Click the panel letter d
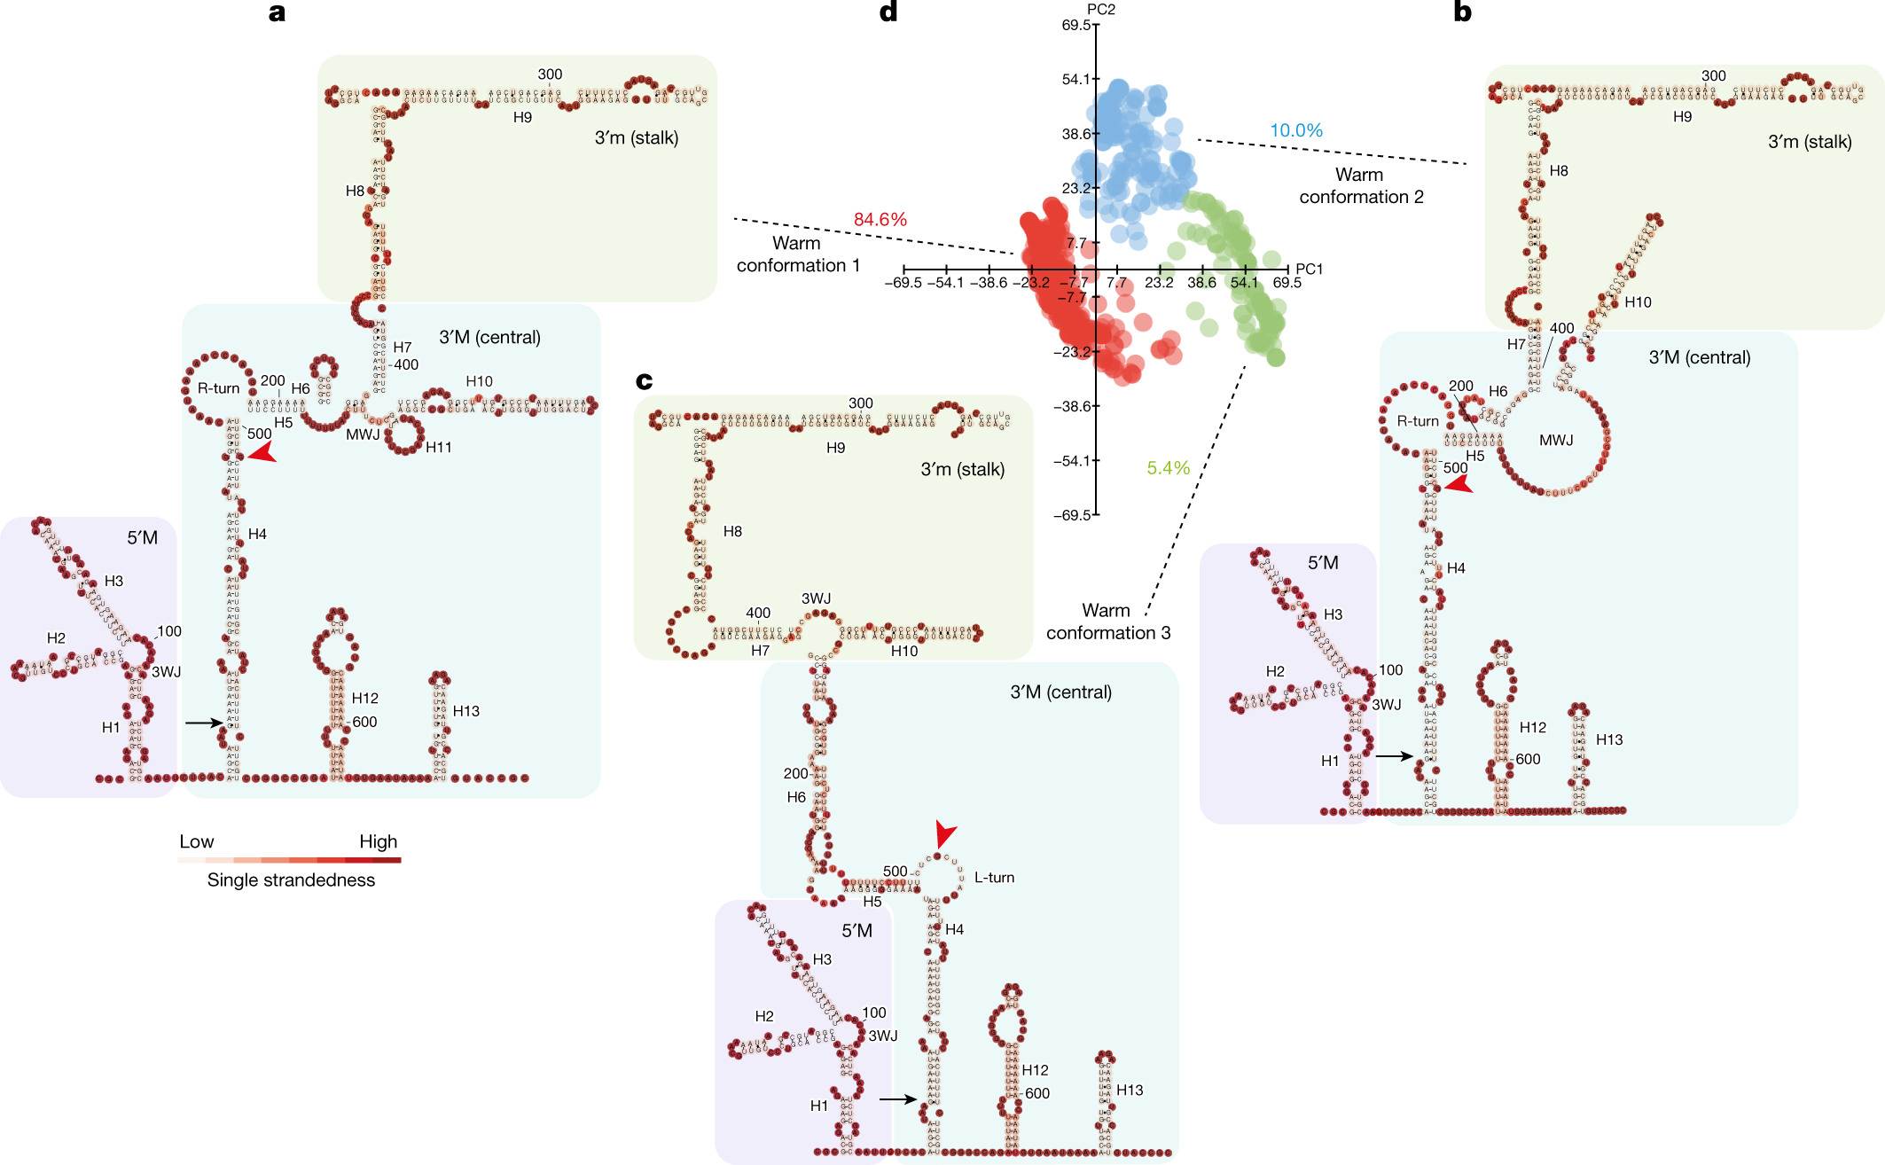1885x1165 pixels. click(888, 12)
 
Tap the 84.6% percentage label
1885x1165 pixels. click(880, 220)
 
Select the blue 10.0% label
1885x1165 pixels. click(1295, 130)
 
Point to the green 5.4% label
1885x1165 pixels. click(1168, 468)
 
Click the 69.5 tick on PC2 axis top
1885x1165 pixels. click(1075, 25)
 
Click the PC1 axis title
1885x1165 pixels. click(1309, 269)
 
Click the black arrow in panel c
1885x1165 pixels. click(898, 1099)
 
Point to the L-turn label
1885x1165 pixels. click(994, 878)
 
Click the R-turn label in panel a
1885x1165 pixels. click(218, 388)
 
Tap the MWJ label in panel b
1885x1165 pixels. click(1555, 441)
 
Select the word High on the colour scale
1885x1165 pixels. click(378, 841)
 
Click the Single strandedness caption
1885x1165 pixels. click(291, 880)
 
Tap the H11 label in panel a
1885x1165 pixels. click(438, 448)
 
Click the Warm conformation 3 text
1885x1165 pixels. click(1107, 622)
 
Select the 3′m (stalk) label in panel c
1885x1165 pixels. click(962, 469)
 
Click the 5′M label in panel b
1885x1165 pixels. click(1322, 563)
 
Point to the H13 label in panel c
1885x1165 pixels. click(1129, 1090)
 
